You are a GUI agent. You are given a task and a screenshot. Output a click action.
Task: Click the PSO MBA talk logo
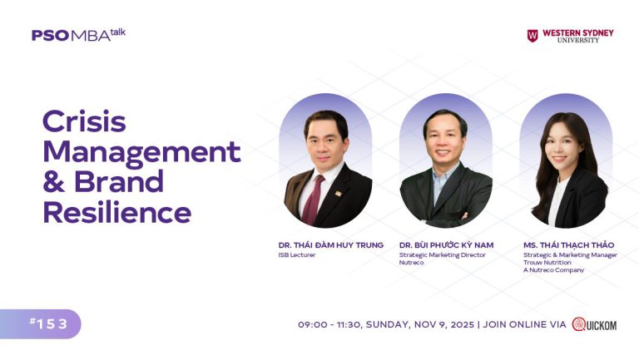click(x=78, y=35)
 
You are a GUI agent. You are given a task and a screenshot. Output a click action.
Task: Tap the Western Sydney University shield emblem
click(x=532, y=36)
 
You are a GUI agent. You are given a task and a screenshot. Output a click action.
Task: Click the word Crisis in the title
click(x=84, y=122)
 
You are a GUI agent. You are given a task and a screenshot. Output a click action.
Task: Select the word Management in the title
click(x=141, y=152)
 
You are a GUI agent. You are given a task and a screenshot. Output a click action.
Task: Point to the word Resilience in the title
click(x=116, y=212)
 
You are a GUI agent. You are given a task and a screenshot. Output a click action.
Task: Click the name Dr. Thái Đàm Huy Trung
click(x=330, y=245)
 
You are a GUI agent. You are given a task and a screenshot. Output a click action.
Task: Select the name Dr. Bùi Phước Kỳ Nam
click(x=446, y=245)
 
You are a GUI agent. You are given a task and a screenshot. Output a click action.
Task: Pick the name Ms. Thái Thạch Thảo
click(x=568, y=245)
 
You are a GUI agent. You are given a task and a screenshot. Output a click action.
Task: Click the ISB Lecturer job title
click(x=297, y=255)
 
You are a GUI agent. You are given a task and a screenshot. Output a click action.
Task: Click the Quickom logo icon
click(x=579, y=324)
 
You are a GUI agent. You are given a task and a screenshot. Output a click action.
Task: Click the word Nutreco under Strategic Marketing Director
click(x=411, y=263)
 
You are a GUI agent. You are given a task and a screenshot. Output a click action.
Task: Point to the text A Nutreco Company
click(x=553, y=270)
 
